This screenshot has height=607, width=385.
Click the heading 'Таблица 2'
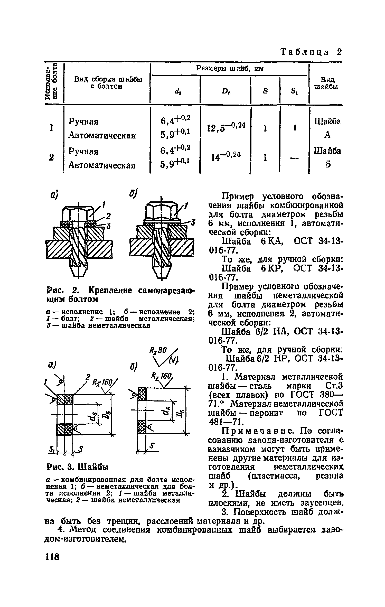(x=312, y=52)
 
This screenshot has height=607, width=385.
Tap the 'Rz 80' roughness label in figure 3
(x=158, y=350)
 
